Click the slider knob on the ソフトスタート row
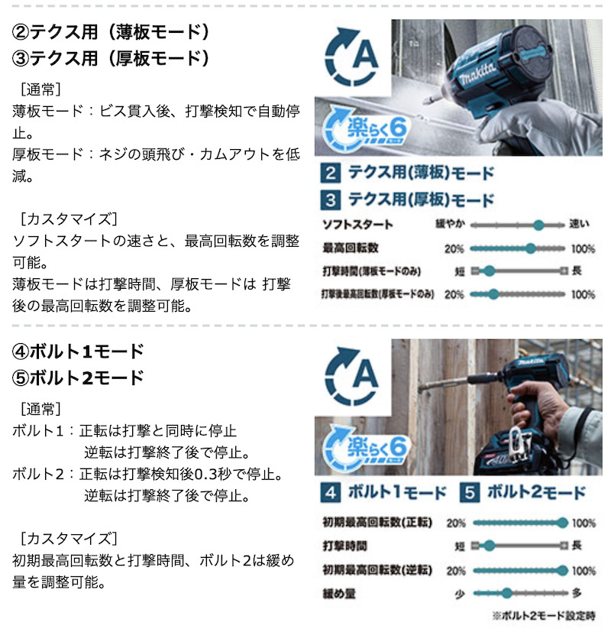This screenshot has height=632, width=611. click(538, 225)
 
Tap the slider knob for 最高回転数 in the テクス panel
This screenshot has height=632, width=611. click(531, 248)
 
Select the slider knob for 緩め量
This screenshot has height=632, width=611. click(506, 593)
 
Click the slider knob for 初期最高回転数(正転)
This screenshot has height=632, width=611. click(563, 523)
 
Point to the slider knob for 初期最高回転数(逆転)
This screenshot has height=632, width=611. click(563, 570)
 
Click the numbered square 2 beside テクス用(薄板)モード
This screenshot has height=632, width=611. click(331, 173)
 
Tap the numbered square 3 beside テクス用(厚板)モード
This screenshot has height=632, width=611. click(331, 200)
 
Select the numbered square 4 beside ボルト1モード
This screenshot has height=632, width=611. click(331, 493)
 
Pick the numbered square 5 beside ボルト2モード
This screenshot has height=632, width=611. click(470, 493)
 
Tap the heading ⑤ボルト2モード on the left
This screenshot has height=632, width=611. click(78, 378)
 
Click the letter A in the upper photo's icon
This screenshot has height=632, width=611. click(365, 55)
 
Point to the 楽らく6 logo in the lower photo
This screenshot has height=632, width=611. click(366, 446)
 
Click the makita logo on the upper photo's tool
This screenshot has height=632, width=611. click(478, 74)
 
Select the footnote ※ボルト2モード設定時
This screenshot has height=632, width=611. click(544, 615)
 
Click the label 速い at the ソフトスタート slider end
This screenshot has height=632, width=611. click(579, 224)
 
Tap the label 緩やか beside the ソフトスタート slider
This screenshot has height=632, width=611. click(451, 224)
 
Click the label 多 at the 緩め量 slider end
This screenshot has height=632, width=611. click(577, 593)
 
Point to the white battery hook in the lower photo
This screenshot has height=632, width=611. click(520, 444)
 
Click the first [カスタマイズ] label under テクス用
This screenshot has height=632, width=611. click(69, 219)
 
